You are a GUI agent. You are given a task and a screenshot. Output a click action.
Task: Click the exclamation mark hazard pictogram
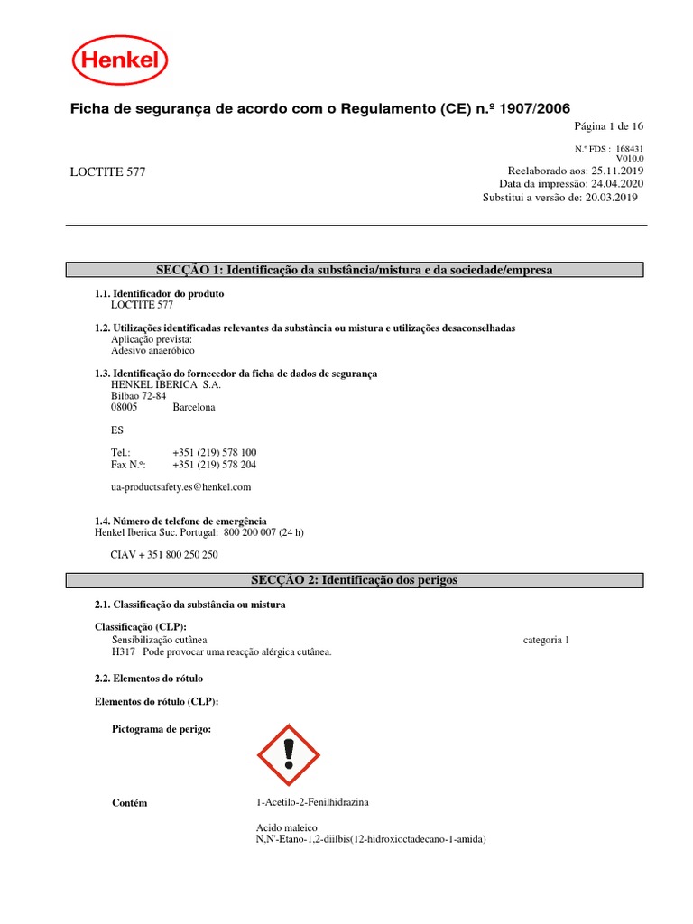(x=289, y=754)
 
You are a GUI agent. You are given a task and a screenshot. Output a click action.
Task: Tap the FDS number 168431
(x=630, y=149)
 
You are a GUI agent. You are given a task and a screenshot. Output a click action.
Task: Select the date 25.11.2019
(x=618, y=171)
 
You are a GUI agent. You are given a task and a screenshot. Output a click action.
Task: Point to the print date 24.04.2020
(x=618, y=183)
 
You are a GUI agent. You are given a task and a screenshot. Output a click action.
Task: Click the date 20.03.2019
(x=612, y=197)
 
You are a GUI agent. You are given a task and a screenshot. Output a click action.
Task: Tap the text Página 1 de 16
(x=609, y=126)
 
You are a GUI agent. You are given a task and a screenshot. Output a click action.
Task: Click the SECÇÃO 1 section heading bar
(x=355, y=270)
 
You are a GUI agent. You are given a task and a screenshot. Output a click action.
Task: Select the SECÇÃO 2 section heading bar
(x=355, y=580)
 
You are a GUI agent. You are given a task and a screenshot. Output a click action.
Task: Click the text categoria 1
(x=547, y=640)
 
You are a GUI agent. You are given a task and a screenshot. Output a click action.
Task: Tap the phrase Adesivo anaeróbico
(x=152, y=350)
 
